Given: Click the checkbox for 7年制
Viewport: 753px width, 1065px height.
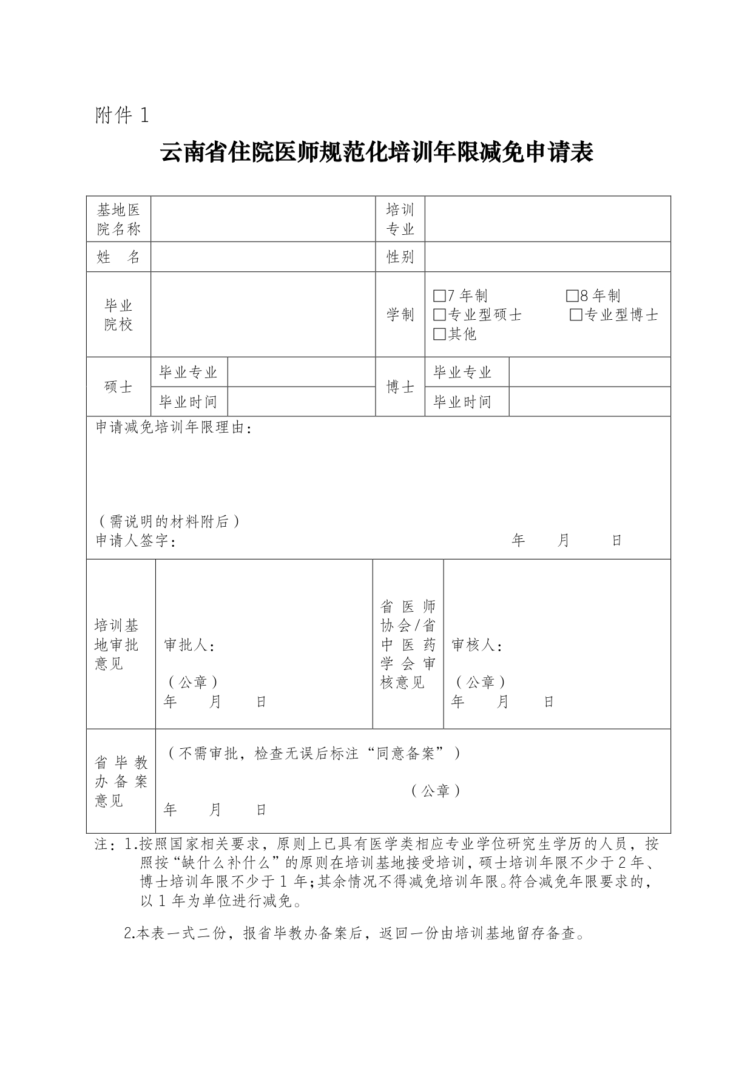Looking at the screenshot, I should click(x=440, y=296).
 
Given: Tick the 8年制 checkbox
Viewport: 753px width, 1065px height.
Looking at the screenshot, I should click(x=572, y=296).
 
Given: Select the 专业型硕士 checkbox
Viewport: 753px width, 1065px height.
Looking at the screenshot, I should click(x=440, y=315).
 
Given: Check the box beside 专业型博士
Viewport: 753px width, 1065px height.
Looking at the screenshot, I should click(x=576, y=315).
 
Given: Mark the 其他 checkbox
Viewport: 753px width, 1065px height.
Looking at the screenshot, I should click(x=440, y=334).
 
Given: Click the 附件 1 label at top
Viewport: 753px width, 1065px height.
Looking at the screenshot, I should click(x=121, y=115).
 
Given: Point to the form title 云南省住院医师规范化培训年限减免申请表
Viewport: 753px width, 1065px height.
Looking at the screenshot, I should click(x=376, y=152).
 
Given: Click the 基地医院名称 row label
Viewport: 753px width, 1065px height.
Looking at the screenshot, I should click(x=118, y=219).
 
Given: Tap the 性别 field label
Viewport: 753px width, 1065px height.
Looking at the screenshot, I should click(x=400, y=257).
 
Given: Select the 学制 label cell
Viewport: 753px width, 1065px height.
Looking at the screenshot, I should click(x=400, y=314).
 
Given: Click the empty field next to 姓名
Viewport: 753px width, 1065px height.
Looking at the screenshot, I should click(x=263, y=257).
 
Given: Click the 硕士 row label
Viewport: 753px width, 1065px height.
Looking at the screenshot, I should click(x=118, y=387).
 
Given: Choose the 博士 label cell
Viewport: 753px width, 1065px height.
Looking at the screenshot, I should click(x=400, y=387).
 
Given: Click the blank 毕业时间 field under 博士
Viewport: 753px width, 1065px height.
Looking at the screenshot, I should click(x=589, y=402).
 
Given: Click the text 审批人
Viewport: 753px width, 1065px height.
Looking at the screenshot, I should click(x=189, y=645).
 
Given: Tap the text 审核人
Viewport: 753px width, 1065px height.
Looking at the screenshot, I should click(x=476, y=645).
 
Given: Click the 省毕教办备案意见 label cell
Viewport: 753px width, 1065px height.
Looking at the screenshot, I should click(x=121, y=782).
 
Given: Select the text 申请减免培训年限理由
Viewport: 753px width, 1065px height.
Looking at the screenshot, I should click(x=174, y=428).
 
